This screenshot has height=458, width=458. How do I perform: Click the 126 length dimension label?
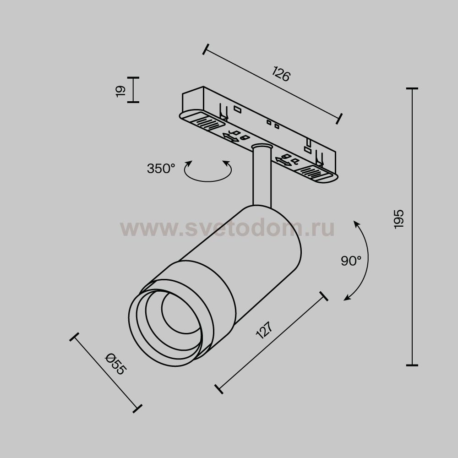pos(281,74)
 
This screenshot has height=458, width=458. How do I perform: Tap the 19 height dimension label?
pos(120,91)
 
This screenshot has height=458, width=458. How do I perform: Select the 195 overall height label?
pos(398,219)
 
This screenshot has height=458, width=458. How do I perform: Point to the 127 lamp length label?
pos(264,330)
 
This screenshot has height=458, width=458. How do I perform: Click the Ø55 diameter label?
pos(116,364)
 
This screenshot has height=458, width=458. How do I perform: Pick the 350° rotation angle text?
pos(161,169)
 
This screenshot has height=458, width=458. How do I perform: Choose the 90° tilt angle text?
pos(351,261)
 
